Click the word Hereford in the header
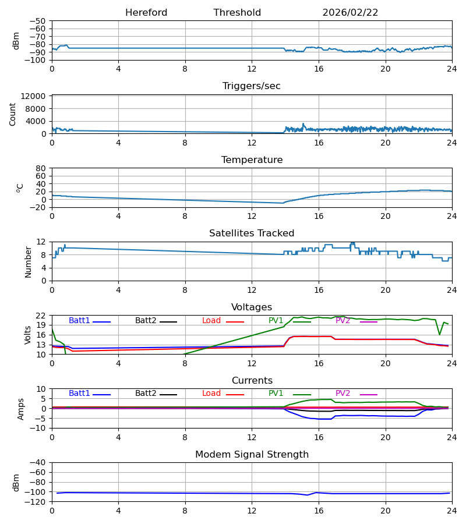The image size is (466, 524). click(146, 13)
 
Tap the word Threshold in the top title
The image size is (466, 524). click(237, 13)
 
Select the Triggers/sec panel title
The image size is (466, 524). click(252, 86)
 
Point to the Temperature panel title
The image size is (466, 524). click(252, 160)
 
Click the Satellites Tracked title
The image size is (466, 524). click(252, 233)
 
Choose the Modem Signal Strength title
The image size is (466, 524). click(252, 455)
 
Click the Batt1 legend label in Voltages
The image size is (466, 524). click(79, 321)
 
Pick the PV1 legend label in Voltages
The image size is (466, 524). click(276, 321)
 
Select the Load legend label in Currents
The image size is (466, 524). click(211, 394)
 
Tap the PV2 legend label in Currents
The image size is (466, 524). click(343, 394)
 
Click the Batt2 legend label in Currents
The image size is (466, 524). click(146, 394)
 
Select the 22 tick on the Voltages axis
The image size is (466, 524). click(42, 316)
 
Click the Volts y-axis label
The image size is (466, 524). click(28, 335)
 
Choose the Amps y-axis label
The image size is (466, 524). click(22, 409)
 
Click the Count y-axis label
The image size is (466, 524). click(13, 114)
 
